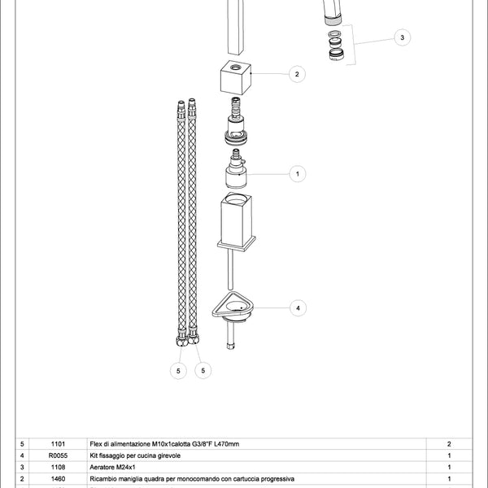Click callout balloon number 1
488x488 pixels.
(x=297, y=172)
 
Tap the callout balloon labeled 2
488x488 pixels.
(x=297, y=74)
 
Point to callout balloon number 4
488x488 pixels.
(x=298, y=308)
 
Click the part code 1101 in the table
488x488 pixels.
(x=58, y=444)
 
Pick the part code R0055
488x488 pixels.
(x=58, y=455)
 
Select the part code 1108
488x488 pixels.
(x=58, y=468)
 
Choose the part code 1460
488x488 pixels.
(x=58, y=479)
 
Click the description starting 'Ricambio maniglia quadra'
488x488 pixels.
(x=186, y=479)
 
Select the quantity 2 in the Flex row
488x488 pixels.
(x=449, y=444)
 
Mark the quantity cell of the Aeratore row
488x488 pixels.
(x=449, y=468)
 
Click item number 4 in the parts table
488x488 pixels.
(x=22, y=455)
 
